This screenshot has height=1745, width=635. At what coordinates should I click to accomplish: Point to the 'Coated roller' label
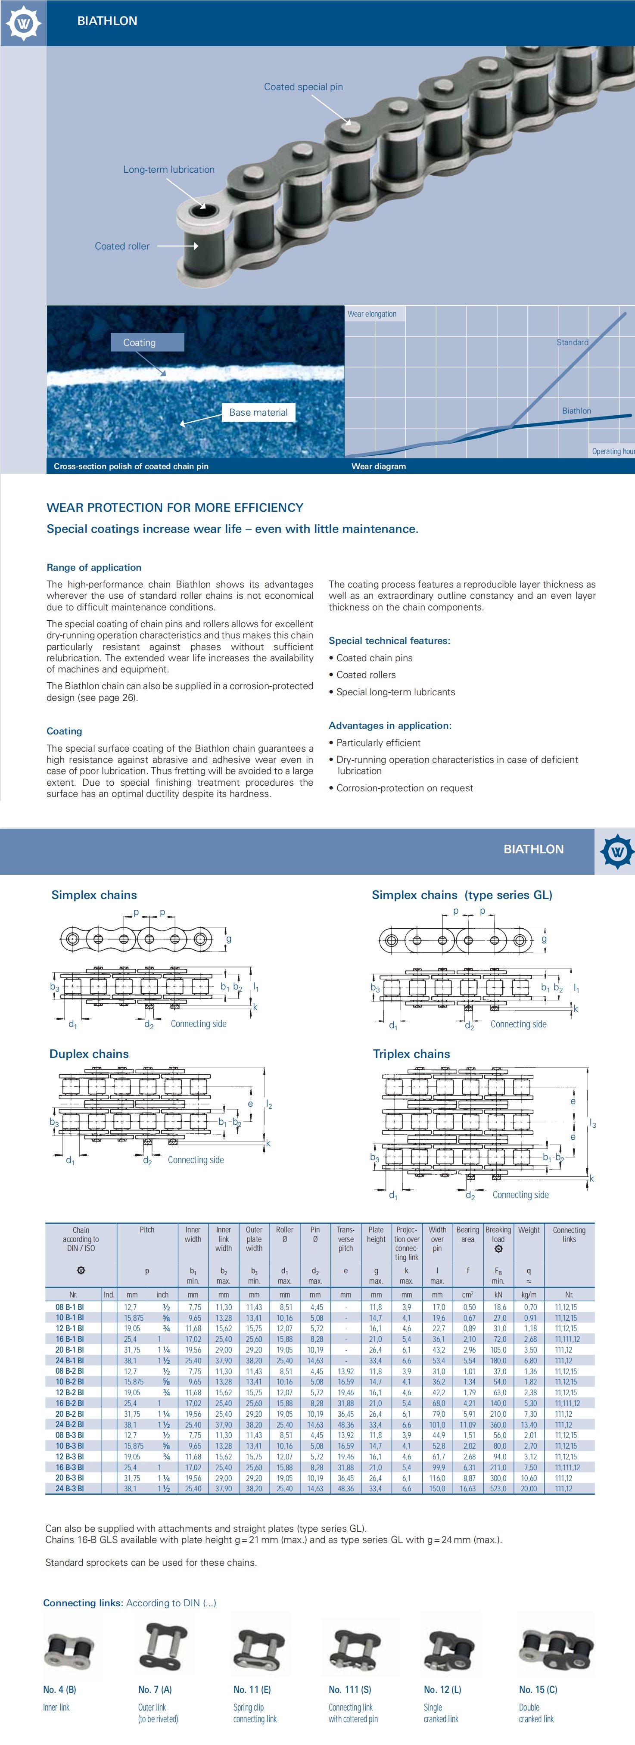tap(122, 246)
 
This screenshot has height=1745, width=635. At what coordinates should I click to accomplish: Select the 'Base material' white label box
tap(258, 413)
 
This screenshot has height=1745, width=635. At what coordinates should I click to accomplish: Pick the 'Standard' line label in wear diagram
tap(572, 342)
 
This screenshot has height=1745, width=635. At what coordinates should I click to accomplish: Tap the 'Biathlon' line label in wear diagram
tap(576, 411)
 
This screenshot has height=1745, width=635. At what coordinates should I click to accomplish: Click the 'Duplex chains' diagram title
tap(89, 1054)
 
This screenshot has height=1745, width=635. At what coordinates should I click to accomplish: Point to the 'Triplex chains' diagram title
tap(411, 1054)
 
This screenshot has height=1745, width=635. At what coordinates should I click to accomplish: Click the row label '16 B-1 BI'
tap(70, 1339)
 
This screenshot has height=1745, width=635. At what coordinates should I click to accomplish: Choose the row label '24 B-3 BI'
tap(70, 1489)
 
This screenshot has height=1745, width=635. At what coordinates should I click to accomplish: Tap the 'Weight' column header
tap(529, 1230)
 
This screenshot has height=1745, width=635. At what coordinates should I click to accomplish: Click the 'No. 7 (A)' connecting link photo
tap(163, 1646)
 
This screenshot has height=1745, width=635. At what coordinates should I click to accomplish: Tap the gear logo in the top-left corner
tap(23, 23)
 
